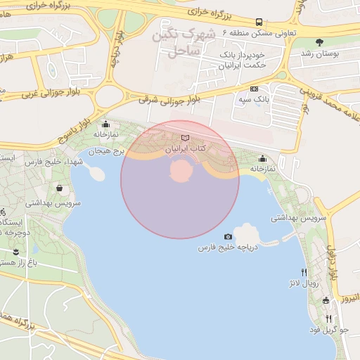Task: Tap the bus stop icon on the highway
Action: click(259, 22)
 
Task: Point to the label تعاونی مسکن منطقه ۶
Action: click(259, 33)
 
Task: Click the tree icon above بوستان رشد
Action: click(321, 42)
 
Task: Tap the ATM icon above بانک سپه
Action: click(254, 89)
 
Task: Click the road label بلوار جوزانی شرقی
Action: click(170, 100)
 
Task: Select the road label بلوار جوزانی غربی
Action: click(52, 87)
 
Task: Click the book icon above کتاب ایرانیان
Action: click(185, 139)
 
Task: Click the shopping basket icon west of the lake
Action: click(58, 188)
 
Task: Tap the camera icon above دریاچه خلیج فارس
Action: click(228, 237)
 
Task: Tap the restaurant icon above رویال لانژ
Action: click(304, 272)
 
